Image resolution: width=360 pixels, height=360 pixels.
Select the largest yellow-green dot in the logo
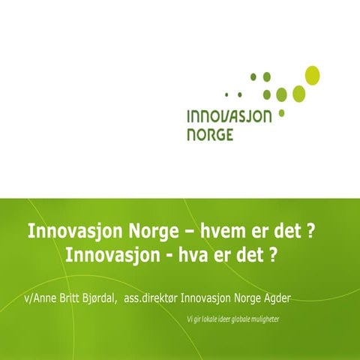click(312, 75)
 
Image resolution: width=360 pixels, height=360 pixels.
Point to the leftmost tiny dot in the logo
click(227, 94)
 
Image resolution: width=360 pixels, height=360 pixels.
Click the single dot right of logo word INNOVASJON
click(281, 114)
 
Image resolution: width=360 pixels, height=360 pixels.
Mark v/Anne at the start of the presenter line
click(34, 298)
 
